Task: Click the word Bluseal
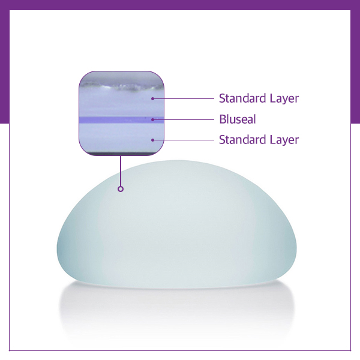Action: (x=238, y=119)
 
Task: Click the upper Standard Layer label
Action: (x=259, y=98)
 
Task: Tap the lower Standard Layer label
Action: (x=259, y=140)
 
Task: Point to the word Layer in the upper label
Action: (x=284, y=98)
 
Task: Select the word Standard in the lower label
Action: (x=242, y=139)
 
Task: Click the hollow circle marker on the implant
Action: (x=121, y=189)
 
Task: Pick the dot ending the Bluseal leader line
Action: (x=152, y=119)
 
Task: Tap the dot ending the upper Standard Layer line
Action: (x=152, y=99)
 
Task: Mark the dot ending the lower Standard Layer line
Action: (x=152, y=140)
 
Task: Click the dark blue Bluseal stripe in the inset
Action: (x=121, y=119)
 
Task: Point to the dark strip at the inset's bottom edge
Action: (x=121, y=154)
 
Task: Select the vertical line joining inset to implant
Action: (x=121, y=171)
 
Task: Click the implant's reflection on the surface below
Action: (x=177, y=308)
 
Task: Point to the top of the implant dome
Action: (x=177, y=160)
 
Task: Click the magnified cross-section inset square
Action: (x=121, y=113)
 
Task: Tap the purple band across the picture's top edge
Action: (x=180, y=5)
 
